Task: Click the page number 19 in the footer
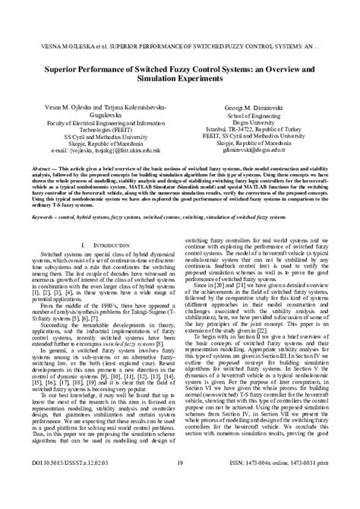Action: (180, 484)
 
